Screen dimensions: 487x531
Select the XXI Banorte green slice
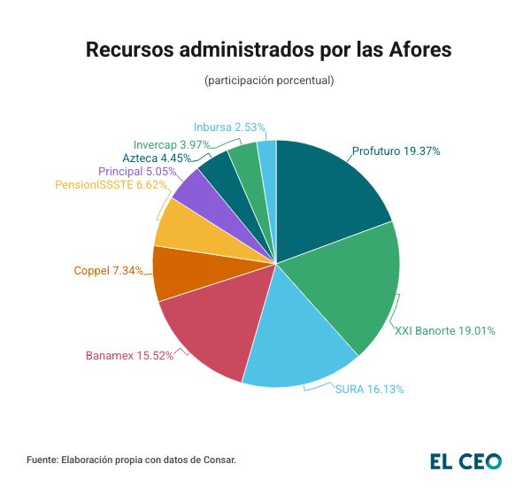click(354, 283)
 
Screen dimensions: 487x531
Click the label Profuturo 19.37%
click(396, 151)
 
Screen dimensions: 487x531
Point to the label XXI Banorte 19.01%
click(444, 331)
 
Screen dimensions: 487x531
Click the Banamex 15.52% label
click(129, 356)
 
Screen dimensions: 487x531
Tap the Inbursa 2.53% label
click(229, 128)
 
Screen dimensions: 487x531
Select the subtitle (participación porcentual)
click(268, 81)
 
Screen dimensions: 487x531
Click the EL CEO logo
click(466, 460)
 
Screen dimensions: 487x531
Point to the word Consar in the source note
click(219, 460)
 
